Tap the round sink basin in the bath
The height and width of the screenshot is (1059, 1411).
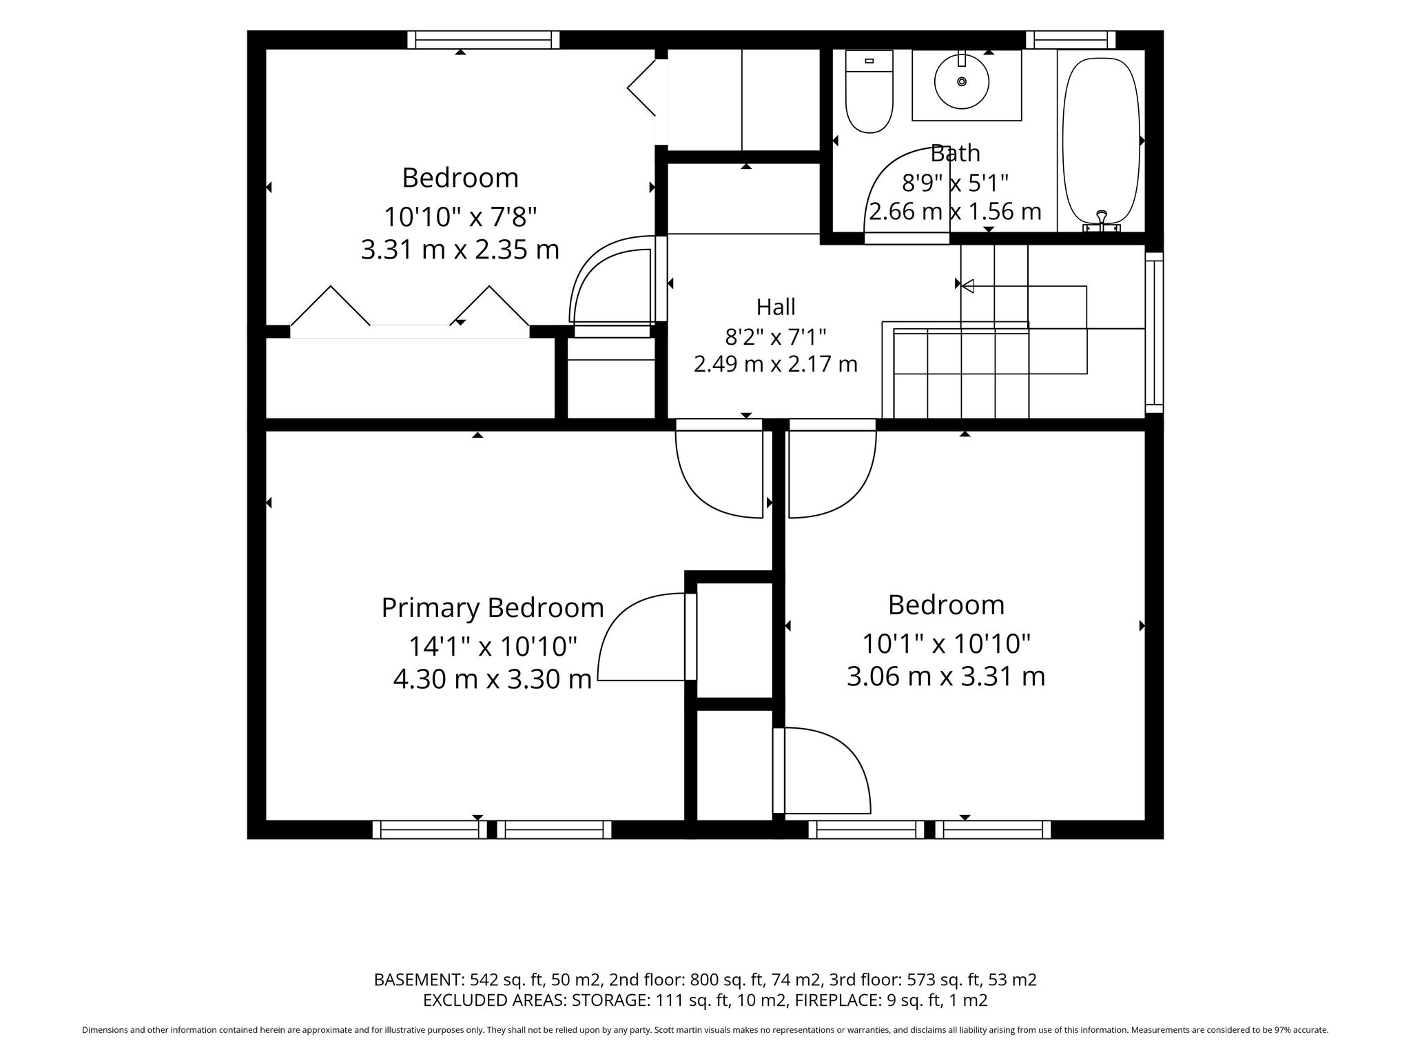[x=962, y=81]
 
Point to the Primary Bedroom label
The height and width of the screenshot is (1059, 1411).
[x=493, y=607]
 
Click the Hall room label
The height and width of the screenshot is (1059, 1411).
[x=776, y=306]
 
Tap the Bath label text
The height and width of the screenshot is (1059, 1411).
[x=955, y=152]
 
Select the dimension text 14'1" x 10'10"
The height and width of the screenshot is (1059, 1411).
[x=493, y=646]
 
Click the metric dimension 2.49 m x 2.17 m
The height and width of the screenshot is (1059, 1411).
[x=776, y=363]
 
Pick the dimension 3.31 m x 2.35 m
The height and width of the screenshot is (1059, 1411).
[x=460, y=249]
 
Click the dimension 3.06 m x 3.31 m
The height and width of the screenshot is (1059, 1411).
[x=946, y=676]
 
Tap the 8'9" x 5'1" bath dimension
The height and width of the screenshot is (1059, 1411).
[x=955, y=183]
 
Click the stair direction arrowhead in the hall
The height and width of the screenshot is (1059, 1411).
[x=967, y=285]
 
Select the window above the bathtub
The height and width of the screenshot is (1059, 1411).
[x=1071, y=40]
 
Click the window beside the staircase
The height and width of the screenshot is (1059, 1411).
[x=1154, y=332]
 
